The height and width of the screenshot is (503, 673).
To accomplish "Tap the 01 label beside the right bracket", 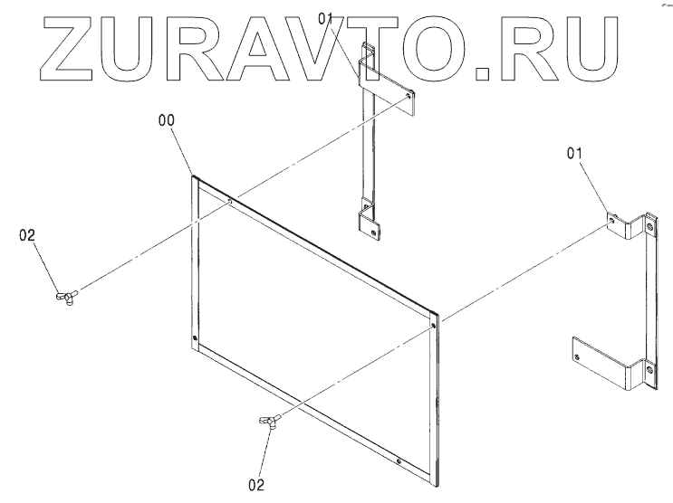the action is pyautogui.click(x=574, y=154).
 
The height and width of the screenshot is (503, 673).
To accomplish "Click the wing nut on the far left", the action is pyautogui.click(x=67, y=297).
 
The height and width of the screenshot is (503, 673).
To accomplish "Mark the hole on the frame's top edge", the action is pyautogui.click(x=232, y=202).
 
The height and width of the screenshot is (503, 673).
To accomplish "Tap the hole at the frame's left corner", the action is pyautogui.click(x=196, y=340).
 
